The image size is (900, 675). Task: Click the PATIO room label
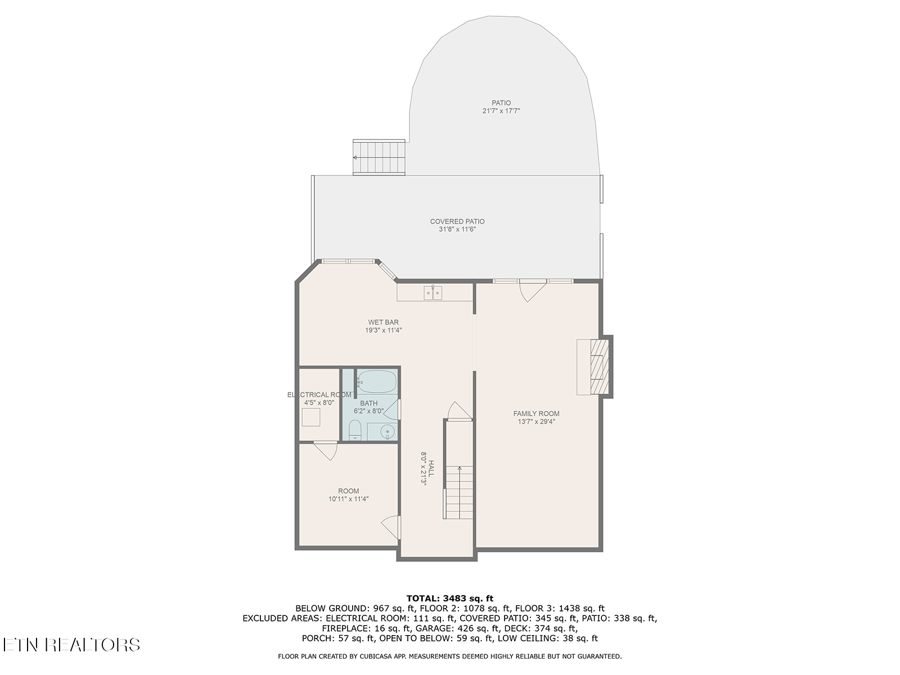[501, 103]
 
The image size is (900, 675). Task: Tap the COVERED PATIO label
[457, 222]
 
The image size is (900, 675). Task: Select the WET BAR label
[384, 322]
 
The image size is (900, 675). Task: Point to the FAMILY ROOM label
[536, 413]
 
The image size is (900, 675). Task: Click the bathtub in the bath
[377, 381]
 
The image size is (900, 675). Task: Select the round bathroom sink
[387, 432]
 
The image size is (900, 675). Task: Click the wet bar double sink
[433, 293]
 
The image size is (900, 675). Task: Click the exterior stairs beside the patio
[379, 157]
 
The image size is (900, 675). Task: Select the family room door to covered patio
[532, 290]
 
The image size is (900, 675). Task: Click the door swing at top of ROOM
[326, 451]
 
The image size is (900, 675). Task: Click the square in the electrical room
[311, 417]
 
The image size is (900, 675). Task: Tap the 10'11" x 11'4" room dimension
[349, 499]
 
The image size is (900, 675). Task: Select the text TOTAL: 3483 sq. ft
[450, 598]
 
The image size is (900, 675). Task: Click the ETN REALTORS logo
[71, 645]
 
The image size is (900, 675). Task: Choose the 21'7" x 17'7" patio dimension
[501, 111]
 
